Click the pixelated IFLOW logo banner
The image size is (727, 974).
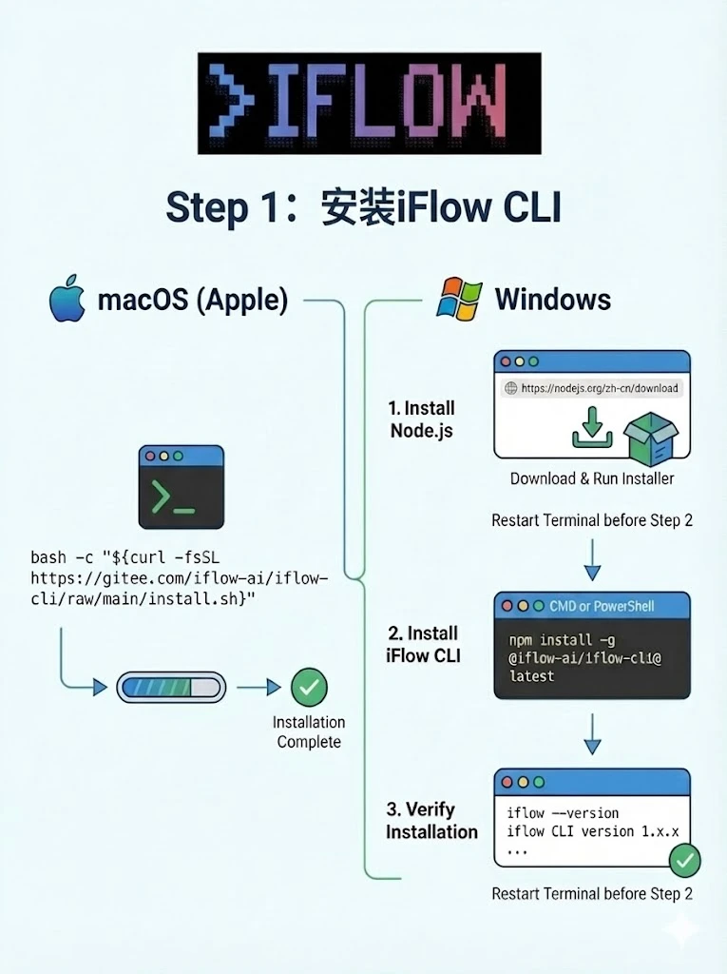point(369,103)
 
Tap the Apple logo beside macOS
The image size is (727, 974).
point(67,299)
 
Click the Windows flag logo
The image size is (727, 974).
point(459,299)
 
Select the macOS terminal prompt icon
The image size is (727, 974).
point(182,486)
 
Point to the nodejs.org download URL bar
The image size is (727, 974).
point(593,388)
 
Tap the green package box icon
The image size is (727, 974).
point(651,437)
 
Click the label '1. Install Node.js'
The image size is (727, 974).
point(421,419)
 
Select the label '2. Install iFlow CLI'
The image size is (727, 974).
point(422,644)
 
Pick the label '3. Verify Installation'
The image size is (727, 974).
point(431,820)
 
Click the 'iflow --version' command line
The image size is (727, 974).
point(563,813)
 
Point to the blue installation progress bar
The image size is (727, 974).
point(170,687)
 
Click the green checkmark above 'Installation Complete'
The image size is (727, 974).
point(308,686)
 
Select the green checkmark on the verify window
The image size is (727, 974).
point(684,862)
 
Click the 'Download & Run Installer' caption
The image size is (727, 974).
point(592,478)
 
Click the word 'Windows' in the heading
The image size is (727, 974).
point(552,300)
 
